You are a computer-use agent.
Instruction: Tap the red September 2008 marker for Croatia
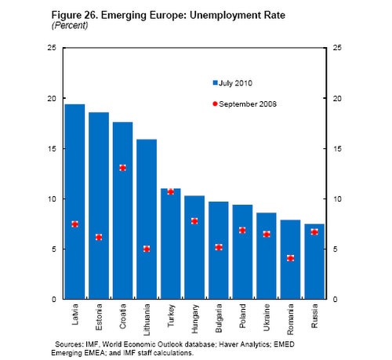coord(123,168)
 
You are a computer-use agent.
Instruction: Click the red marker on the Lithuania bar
coord(147,249)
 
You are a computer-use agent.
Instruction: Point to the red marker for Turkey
coord(171,191)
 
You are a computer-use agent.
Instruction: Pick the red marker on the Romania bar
coord(290,258)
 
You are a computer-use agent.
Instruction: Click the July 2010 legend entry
coord(233,82)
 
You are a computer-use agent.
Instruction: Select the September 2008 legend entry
coord(243,104)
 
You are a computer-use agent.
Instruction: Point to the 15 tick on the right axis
coord(339,149)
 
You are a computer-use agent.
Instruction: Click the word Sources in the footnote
coord(69,344)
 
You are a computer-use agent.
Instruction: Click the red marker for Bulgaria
coord(219,247)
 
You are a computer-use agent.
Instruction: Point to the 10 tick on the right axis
coord(339,199)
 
